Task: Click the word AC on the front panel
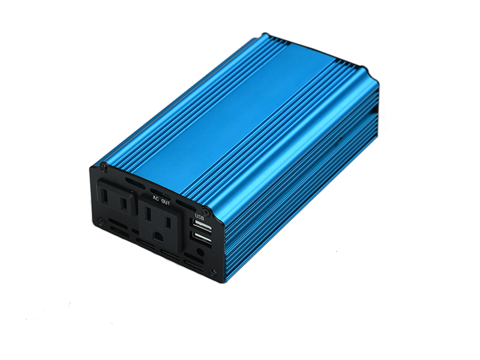[x=155, y=197]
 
